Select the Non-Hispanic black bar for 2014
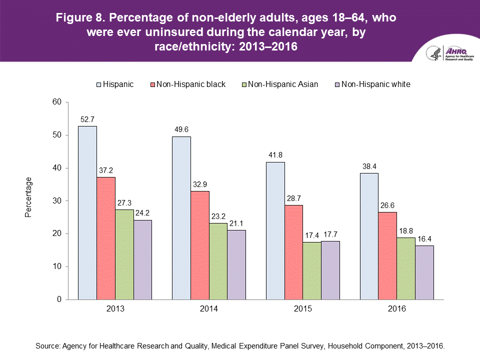(x=199, y=245)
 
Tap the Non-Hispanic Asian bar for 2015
(x=311, y=270)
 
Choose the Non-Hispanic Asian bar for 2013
(x=124, y=254)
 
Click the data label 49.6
(x=181, y=129)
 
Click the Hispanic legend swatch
(x=98, y=84)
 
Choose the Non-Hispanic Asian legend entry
(x=282, y=84)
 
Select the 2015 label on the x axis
(x=302, y=309)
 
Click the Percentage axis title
(x=28, y=197)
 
